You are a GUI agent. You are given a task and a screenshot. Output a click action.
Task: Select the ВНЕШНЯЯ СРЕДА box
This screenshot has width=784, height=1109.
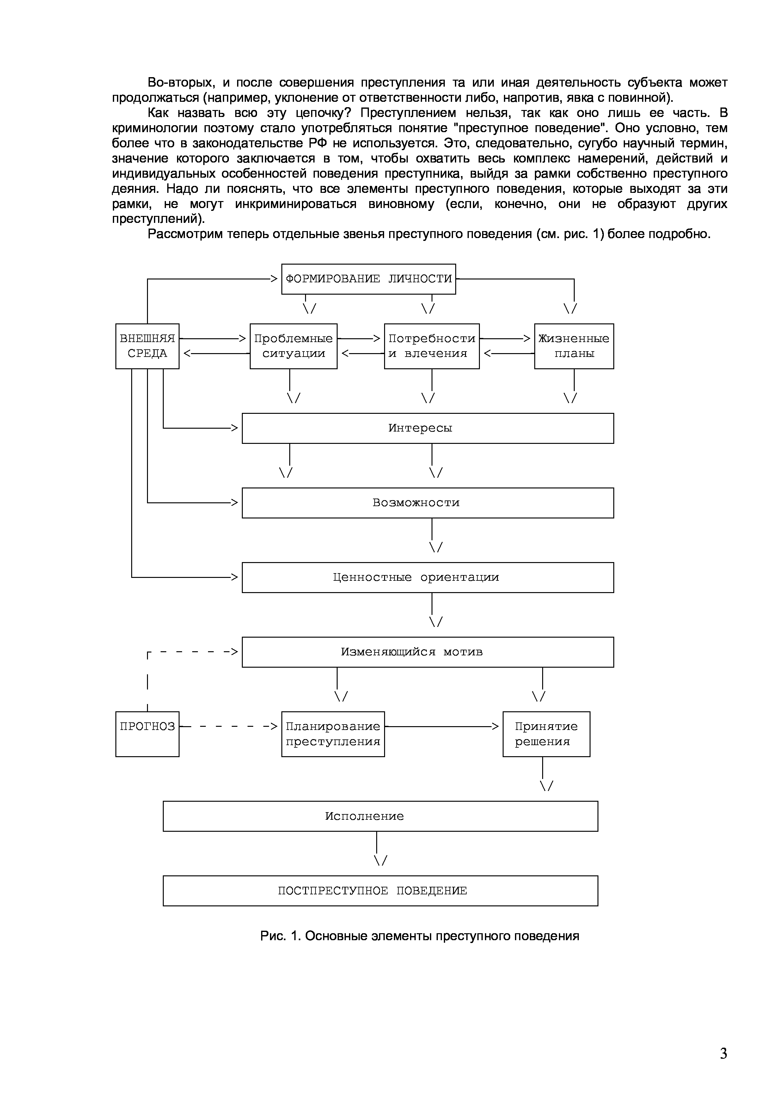[147, 346]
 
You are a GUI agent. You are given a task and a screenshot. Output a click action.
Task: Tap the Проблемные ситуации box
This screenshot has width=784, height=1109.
[293, 346]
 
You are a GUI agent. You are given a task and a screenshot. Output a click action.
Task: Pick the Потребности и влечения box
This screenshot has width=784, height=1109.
[432, 346]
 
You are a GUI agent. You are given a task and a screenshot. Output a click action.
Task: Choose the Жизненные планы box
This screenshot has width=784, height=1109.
[573, 346]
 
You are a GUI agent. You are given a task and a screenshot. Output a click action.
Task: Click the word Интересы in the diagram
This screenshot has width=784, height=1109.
[420, 428]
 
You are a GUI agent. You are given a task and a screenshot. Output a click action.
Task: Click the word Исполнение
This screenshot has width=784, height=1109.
[364, 816]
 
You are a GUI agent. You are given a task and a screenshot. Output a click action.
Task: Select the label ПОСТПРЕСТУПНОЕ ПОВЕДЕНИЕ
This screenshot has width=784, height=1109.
[372, 890]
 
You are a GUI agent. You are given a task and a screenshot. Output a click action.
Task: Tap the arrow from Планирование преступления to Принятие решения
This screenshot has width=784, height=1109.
[442, 726]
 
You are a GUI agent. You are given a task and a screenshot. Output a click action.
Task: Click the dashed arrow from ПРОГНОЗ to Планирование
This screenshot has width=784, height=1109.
[230, 726]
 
